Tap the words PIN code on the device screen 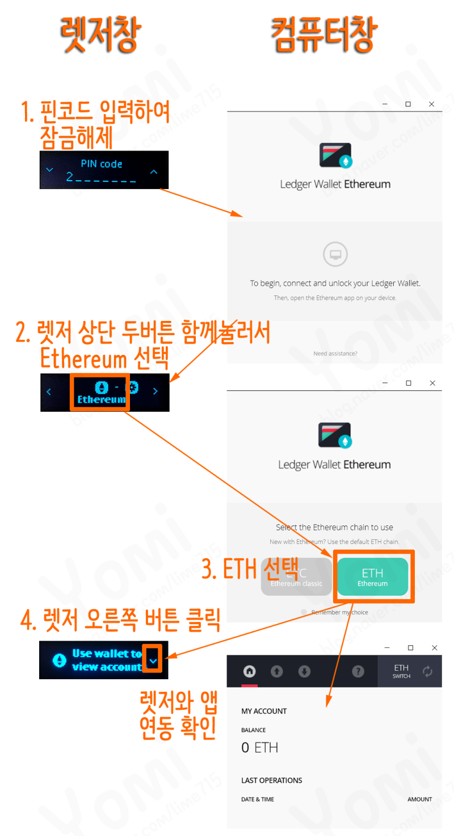click(101, 164)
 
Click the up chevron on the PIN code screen click(154, 172)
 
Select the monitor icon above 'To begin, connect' click(335, 254)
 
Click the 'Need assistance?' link click(335, 354)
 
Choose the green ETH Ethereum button click(372, 577)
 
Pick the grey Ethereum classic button click(296, 577)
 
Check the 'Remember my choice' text click(339, 612)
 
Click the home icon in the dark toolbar click(249, 671)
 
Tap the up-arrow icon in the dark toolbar click(276, 671)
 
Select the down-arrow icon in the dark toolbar click(304, 671)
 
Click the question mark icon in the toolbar click(358, 671)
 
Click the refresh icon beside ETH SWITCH click(427, 671)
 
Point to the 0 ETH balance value click(259, 747)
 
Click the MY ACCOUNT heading click(264, 711)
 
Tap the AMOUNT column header click(419, 799)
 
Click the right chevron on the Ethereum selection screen click(155, 391)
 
